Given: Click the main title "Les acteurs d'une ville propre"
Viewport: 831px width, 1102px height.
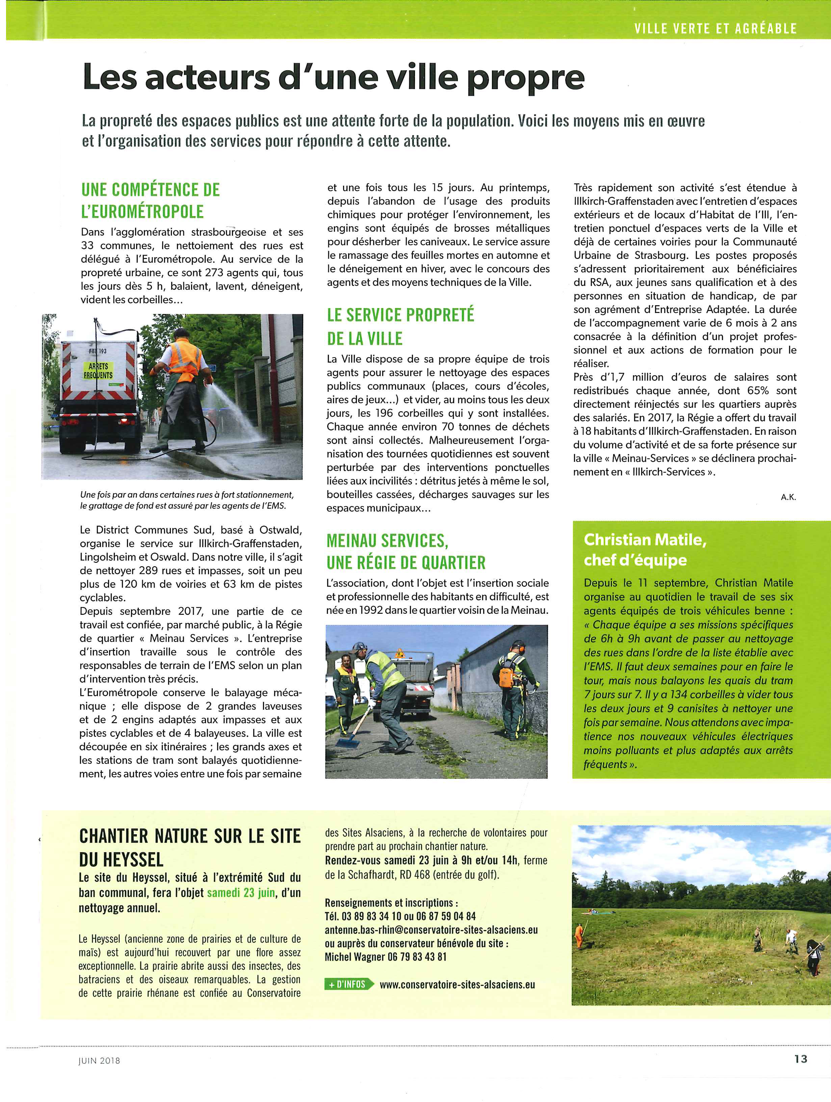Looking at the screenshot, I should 333,77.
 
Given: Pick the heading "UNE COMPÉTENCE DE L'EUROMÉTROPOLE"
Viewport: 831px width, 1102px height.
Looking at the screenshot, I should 151,200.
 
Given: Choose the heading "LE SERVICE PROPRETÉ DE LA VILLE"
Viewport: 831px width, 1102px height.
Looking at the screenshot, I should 400,326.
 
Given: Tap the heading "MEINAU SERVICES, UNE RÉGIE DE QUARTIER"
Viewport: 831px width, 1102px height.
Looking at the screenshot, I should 406,551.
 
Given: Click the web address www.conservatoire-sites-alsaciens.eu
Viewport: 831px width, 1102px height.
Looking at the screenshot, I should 457,985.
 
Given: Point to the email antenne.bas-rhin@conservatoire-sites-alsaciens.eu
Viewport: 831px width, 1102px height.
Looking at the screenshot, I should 431,929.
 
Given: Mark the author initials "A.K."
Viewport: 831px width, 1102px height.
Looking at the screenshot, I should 788,497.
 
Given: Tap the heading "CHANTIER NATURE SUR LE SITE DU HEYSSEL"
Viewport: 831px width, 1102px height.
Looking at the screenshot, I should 190,847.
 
